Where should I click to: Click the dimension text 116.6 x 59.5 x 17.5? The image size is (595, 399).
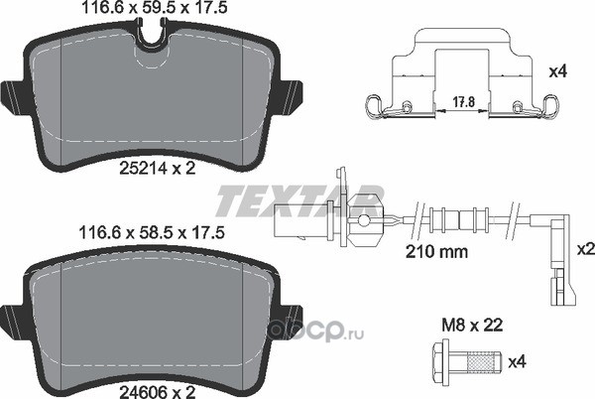point(155,8)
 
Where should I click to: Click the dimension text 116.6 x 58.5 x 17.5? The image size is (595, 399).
point(152,232)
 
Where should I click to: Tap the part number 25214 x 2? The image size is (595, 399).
point(158,168)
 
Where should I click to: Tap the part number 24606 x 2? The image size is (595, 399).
point(157,392)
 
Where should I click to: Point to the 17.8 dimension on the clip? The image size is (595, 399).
point(464,102)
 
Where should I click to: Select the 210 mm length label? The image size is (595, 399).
point(436,251)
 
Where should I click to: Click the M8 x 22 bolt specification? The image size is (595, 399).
point(472,325)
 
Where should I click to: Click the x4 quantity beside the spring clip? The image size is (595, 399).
point(558,71)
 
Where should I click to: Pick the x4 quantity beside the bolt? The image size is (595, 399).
point(518,362)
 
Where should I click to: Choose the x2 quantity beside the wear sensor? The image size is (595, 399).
point(586,249)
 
